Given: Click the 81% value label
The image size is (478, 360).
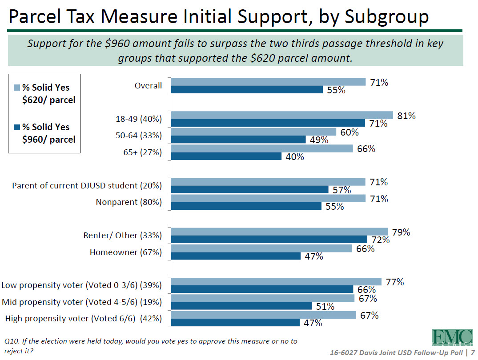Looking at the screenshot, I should coord(406,116).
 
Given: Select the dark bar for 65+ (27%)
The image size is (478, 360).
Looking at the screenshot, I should coord(226,156).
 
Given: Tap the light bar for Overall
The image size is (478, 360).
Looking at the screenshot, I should coord(268,82).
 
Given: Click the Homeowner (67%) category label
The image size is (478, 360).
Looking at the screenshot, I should coord(126,252).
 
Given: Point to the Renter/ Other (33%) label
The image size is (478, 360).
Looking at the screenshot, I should coord(123,236).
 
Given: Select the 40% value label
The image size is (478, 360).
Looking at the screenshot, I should coord(294,157).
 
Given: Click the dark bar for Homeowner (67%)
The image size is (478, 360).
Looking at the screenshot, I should coord(236,256).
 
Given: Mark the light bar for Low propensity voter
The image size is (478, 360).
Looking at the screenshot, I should coord(276,281).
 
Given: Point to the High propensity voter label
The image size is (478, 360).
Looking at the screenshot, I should coord(83,319).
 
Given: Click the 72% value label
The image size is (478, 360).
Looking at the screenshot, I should coord(381,240).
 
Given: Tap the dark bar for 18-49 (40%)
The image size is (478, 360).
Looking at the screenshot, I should coord(268,123).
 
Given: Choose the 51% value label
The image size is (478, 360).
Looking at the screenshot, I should coord(325,306).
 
